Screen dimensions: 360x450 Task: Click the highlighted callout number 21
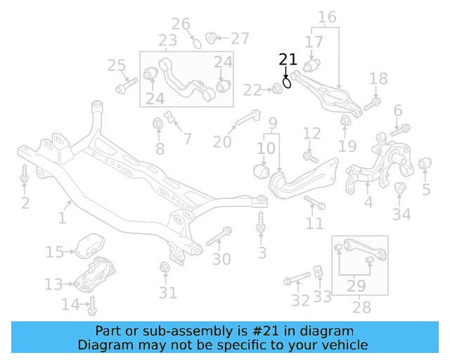(x=288, y=60)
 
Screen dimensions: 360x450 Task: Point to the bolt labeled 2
(x=25, y=175)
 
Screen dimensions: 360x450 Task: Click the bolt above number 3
(x=261, y=222)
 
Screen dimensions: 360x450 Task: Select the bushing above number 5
(x=425, y=165)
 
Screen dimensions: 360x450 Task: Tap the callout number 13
(x=53, y=283)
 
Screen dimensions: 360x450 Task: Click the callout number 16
(x=327, y=16)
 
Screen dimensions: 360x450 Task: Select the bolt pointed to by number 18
(x=372, y=103)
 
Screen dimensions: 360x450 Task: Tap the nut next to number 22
(x=276, y=89)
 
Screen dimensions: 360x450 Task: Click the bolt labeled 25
(x=129, y=87)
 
